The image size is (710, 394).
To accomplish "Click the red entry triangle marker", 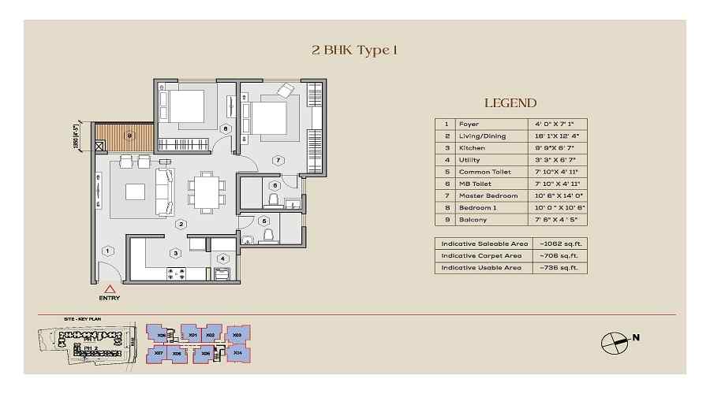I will coord(109,290).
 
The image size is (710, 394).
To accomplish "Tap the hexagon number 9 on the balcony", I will coord(130,136).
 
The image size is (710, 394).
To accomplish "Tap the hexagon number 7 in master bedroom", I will coord(278,161).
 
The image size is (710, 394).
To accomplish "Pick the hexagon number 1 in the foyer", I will coord(107,251).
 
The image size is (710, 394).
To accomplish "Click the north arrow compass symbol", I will coord(612,339).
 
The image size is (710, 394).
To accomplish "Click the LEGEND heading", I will coord(510,103).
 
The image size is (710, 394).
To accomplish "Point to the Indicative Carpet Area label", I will coord(481,255).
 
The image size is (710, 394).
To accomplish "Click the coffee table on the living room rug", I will coord(135,192).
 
